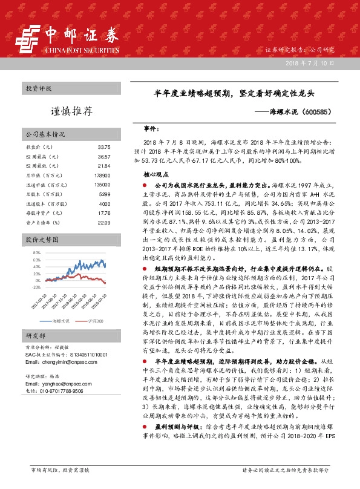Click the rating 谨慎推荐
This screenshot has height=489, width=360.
click(71, 112)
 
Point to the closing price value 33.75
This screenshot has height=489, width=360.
click(103, 147)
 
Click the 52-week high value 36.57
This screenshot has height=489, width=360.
click(103, 156)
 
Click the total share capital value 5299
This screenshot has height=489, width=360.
click(104, 195)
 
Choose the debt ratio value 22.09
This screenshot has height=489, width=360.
click(103, 223)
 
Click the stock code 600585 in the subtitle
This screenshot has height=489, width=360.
click(316, 112)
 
